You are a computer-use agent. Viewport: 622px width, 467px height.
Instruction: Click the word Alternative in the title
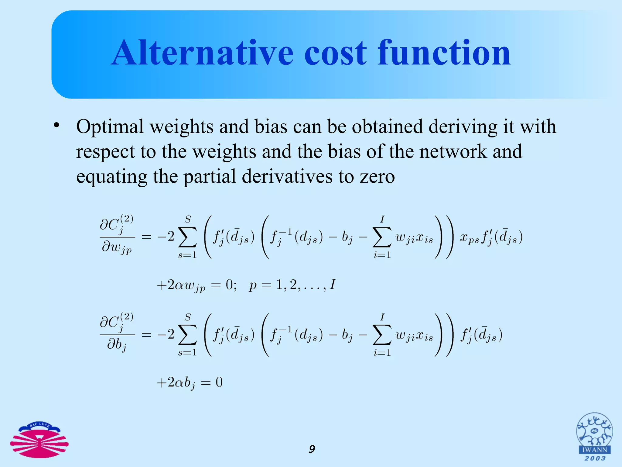click(x=202, y=53)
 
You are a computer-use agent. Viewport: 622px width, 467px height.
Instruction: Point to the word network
click(x=453, y=152)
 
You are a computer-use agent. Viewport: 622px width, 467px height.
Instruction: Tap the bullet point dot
click(x=56, y=126)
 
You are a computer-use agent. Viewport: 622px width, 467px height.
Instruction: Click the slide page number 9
click(x=312, y=449)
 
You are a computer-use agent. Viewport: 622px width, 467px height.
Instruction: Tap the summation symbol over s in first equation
click(x=187, y=237)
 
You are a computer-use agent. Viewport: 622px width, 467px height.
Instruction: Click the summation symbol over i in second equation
click(x=382, y=335)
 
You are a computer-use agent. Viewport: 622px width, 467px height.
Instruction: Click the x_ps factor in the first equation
click(x=469, y=237)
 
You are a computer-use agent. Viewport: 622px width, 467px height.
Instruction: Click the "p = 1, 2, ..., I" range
click(x=292, y=285)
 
